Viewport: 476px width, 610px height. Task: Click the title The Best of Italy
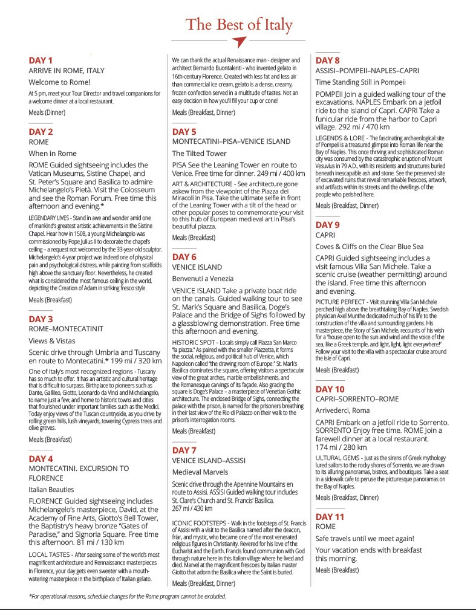coord(239,25)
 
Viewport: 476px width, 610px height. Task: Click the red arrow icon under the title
coord(239,42)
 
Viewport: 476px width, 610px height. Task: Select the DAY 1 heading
coord(41,60)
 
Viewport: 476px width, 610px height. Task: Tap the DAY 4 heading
coord(41,458)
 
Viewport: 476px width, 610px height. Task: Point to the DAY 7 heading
coord(184,450)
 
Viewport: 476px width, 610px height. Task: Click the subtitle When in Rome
coord(53,154)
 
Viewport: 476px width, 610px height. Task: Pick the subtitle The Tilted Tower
coord(199,154)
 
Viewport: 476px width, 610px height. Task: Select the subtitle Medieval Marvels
coord(200,472)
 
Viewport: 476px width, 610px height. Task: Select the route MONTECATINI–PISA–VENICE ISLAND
coord(232,141)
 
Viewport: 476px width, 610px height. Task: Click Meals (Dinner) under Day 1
coord(47,112)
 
